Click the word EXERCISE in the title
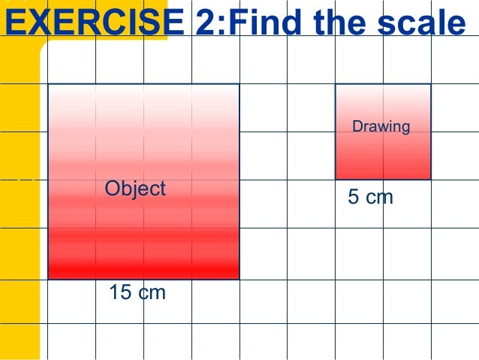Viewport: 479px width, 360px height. coord(94,23)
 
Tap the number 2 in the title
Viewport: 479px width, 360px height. coord(205,23)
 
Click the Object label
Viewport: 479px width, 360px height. coord(135,188)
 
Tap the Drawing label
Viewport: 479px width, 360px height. coord(381,126)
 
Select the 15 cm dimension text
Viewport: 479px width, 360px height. coord(137,292)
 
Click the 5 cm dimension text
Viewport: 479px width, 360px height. coord(370,198)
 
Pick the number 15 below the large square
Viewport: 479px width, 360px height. coord(120,292)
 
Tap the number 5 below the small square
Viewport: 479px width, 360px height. coord(354,198)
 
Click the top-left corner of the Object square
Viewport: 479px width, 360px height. coord(48,84)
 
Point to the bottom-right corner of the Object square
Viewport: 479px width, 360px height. coord(239,280)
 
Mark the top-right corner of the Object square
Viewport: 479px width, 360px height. coord(239,84)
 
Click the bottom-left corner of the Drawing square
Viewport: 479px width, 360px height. coord(336,180)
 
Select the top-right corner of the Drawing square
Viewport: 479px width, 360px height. coord(431,84)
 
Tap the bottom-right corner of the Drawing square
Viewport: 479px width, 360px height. coord(431,180)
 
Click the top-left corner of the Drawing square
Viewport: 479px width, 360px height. coord(336,84)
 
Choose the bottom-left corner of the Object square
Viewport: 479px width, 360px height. coord(48,280)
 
